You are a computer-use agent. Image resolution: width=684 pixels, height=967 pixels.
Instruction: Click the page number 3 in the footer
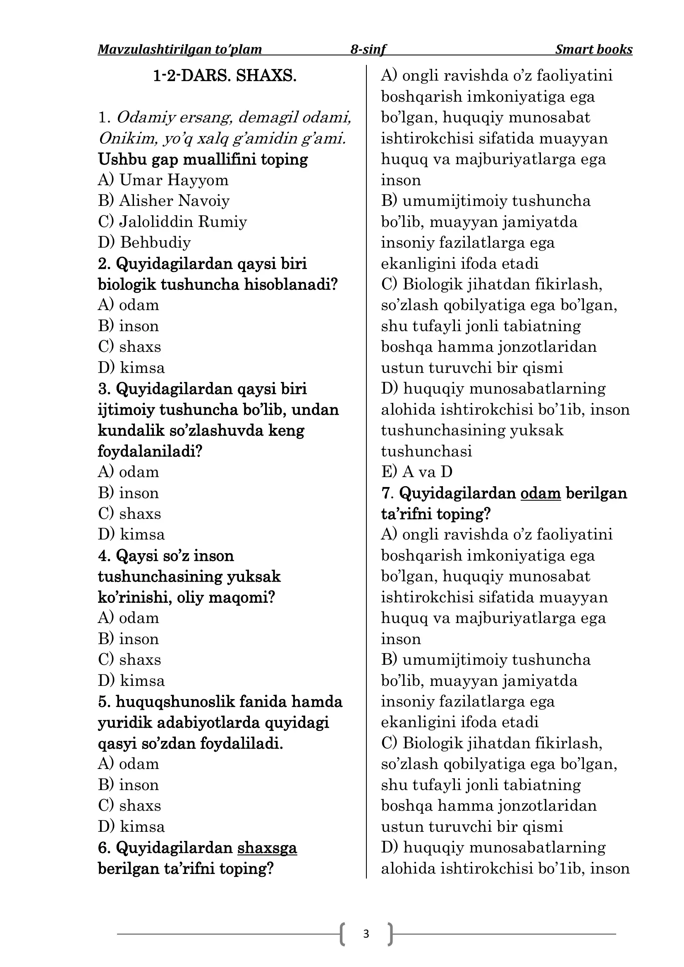tap(366, 934)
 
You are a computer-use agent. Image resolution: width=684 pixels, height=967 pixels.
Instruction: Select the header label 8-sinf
tap(368, 50)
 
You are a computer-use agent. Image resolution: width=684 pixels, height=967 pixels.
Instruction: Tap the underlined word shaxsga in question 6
tap(267, 848)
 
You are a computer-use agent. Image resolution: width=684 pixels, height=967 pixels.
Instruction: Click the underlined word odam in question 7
tap(541, 493)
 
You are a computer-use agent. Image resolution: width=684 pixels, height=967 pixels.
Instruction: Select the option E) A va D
tap(417, 472)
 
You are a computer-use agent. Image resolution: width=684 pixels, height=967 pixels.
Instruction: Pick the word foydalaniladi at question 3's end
tap(150, 451)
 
